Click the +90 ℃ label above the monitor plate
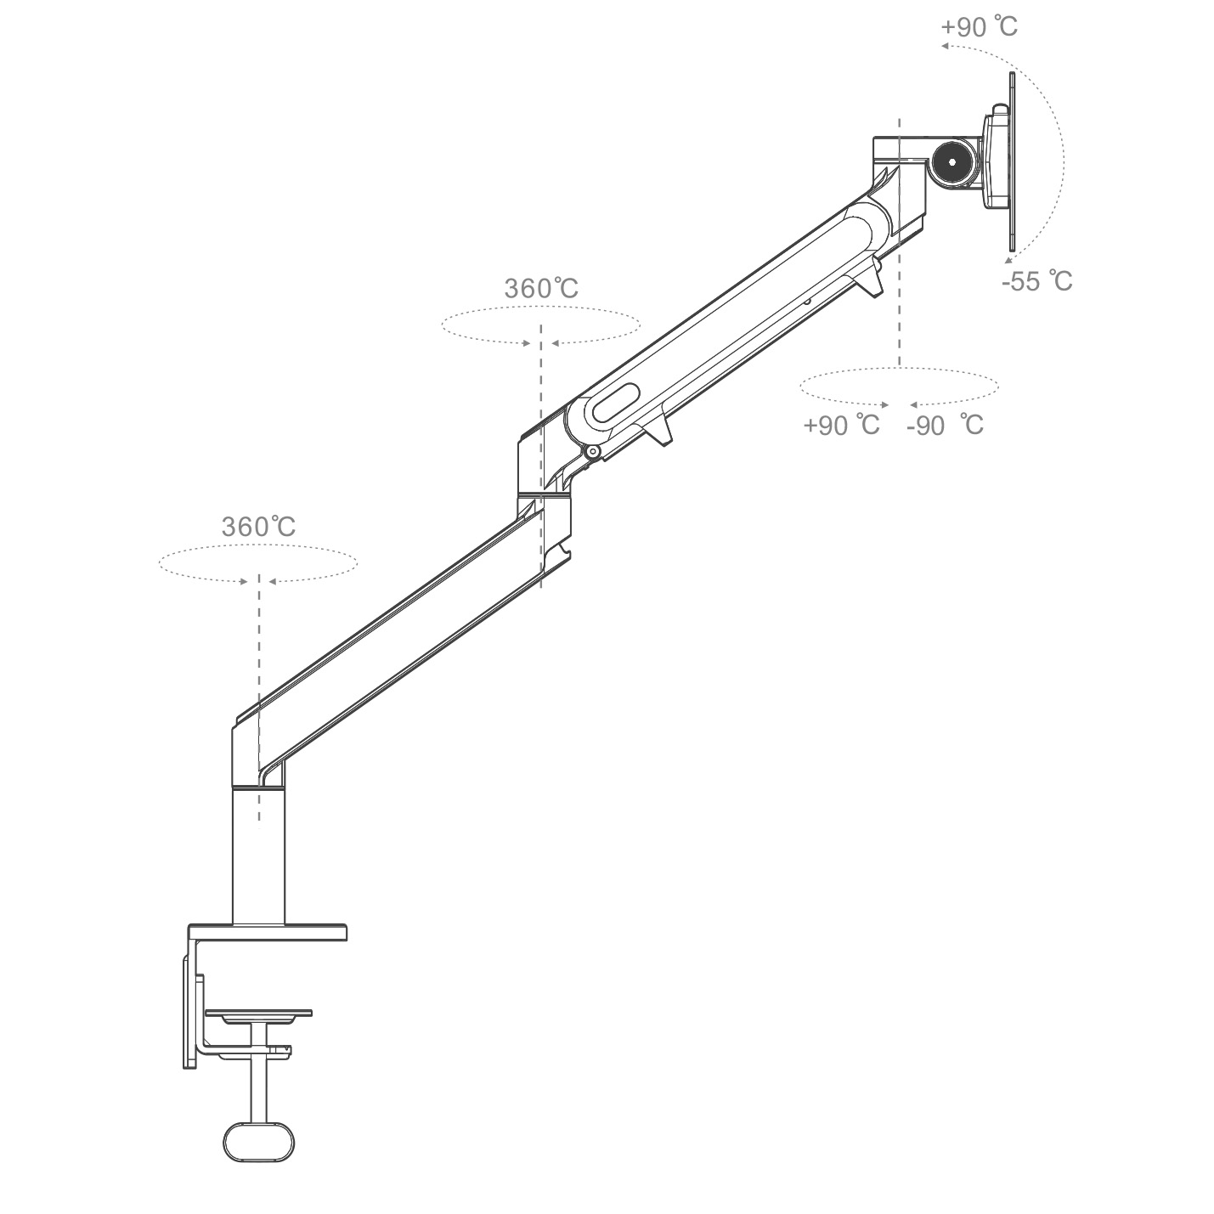[979, 27]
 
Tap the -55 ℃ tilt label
[1037, 281]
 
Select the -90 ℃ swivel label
[945, 426]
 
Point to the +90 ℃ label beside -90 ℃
[842, 426]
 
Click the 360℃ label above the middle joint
[541, 289]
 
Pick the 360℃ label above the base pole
[258, 527]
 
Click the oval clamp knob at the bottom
[258, 1158]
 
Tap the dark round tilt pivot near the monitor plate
[952, 162]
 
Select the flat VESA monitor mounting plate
[1012, 162]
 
